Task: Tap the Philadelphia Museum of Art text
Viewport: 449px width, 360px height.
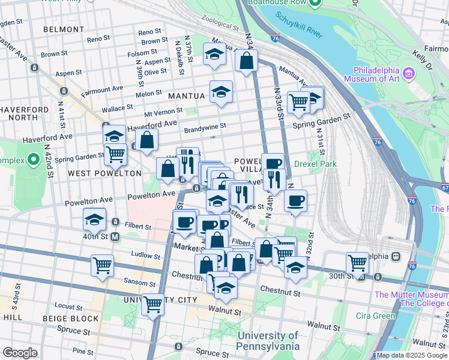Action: [376, 74]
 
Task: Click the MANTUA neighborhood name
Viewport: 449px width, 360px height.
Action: [187, 95]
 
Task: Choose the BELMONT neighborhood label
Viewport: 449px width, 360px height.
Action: [65, 28]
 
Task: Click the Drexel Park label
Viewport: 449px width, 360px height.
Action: [315, 164]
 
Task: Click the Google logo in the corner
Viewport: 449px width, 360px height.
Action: [20, 353]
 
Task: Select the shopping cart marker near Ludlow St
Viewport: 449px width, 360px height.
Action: [103, 264]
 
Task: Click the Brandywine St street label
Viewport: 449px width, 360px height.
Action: [205, 127]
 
